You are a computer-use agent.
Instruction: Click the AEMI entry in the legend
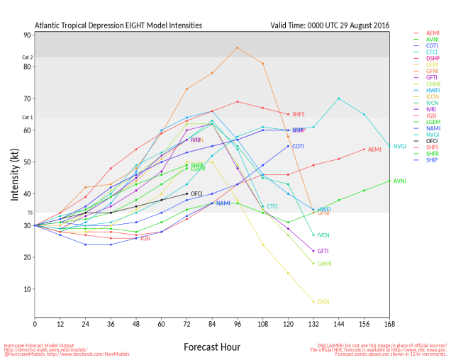(433, 33)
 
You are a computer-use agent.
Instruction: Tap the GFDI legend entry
(433, 64)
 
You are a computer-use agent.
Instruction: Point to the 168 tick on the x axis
(389, 324)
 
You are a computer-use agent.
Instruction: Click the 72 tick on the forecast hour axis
(186, 324)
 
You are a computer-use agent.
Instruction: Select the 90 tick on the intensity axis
(27, 35)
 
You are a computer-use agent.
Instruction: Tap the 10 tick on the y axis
(27, 289)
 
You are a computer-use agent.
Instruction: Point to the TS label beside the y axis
(29, 213)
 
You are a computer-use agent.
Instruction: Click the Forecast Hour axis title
(212, 347)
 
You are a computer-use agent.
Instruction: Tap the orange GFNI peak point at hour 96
(238, 47)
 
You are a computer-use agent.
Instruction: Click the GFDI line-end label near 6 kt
(323, 302)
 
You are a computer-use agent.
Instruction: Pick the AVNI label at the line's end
(399, 181)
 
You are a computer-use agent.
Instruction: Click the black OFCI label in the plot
(197, 193)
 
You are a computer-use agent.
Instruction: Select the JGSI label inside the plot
(145, 239)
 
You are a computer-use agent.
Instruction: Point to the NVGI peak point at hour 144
(339, 99)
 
